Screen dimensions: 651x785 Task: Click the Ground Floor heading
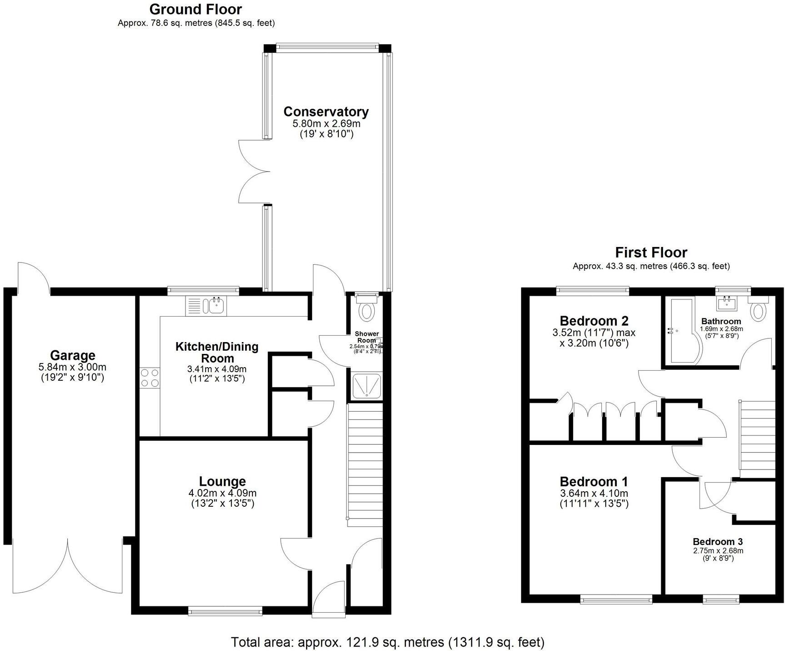[196, 9]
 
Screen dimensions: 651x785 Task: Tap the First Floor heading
[651, 252]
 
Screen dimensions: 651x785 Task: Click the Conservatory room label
[326, 111]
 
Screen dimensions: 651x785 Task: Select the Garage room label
[72, 355]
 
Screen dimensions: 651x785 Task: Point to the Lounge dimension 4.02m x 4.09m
[222, 493]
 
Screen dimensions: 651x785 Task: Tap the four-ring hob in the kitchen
[150, 378]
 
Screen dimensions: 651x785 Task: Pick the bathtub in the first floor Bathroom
[682, 331]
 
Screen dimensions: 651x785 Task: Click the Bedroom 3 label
[718, 541]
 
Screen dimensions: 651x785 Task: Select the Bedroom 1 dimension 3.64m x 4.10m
[594, 494]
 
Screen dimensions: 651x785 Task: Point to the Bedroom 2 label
[594, 321]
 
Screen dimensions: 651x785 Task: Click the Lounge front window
[225, 612]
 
